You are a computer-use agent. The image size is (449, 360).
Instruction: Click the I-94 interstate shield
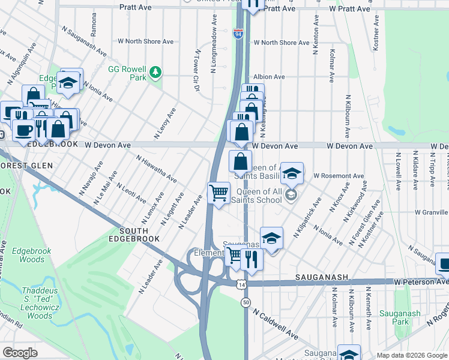(x=238, y=34)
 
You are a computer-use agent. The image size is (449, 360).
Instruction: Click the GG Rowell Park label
(x=127, y=73)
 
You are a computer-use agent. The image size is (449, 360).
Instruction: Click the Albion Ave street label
(x=269, y=77)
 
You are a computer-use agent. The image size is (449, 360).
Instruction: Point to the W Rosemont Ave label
(x=339, y=176)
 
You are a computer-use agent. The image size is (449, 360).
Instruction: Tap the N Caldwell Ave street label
(x=275, y=325)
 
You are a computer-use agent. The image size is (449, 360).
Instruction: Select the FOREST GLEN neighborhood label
(x=27, y=165)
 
